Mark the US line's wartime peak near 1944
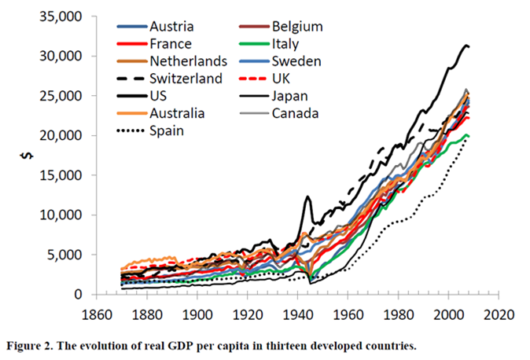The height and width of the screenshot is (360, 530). point(307,197)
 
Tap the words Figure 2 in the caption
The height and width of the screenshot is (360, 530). point(31,343)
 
